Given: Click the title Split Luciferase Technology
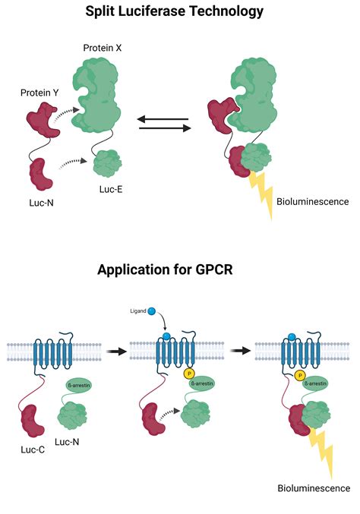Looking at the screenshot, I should (180, 11).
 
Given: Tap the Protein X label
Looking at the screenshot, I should (104, 48).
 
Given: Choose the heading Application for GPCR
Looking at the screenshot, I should (179, 269).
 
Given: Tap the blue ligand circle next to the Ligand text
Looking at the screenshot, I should (153, 310).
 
